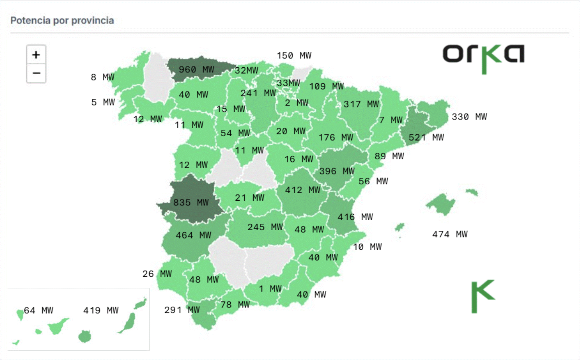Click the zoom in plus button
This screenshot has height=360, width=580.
(36, 55)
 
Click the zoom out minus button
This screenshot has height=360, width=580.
(36, 73)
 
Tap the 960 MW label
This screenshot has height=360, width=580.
(196, 70)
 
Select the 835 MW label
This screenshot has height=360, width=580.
(191, 203)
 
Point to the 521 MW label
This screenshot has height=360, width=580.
(426, 138)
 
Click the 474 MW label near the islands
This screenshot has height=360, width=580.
(450, 235)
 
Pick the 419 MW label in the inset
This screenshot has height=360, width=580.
(101, 311)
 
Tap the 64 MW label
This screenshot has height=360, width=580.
(38, 311)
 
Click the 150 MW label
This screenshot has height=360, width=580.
(294, 56)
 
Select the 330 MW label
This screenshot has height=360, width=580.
(469, 117)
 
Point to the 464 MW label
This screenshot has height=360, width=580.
(193, 236)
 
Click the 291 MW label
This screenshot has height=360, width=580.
(182, 310)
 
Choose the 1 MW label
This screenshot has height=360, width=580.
(270, 289)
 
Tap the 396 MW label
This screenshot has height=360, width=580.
(337, 172)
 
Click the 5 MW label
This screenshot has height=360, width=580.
(103, 103)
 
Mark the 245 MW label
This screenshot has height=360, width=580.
(265, 227)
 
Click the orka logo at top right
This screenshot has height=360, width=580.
(483, 58)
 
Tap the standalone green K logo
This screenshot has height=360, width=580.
(482, 296)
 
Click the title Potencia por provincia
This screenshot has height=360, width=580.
(62, 20)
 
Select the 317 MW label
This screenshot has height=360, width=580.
(361, 104)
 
